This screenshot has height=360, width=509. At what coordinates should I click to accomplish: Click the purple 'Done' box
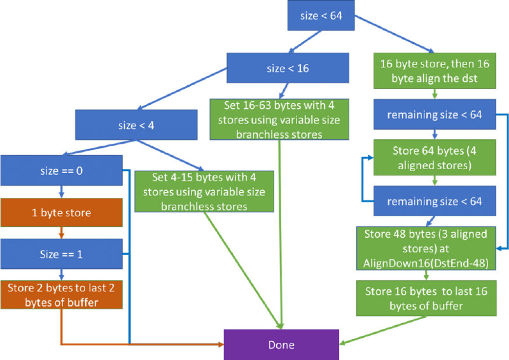tap(281, 345)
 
